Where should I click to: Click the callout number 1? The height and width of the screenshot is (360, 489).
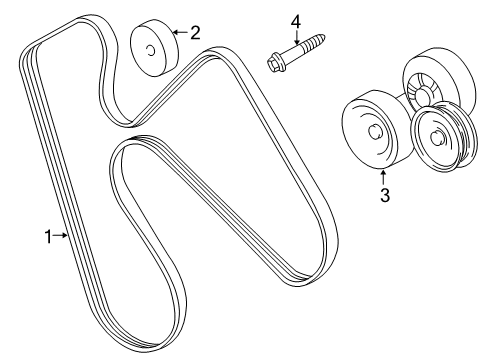tap(46, 236)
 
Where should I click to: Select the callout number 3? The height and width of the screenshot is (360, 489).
tap(383, 196)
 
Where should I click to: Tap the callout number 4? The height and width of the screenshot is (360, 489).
tap(296, 21)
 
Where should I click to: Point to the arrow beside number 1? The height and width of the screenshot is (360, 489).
tap(62, 236)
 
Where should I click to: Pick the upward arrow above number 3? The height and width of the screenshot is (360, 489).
tap(383, 175)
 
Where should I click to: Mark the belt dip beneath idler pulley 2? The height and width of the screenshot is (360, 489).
tap(125, 115)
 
